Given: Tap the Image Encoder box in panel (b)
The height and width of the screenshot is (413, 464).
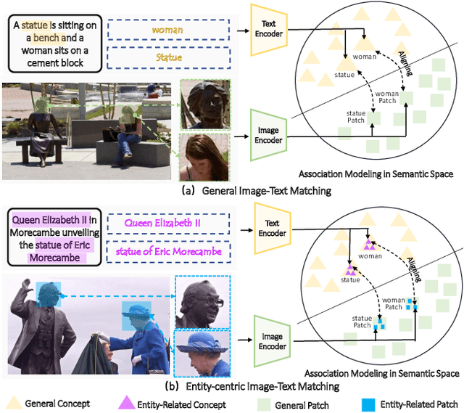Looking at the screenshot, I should click(273, 335).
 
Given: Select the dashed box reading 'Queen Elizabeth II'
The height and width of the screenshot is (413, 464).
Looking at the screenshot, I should click(167, 224).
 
